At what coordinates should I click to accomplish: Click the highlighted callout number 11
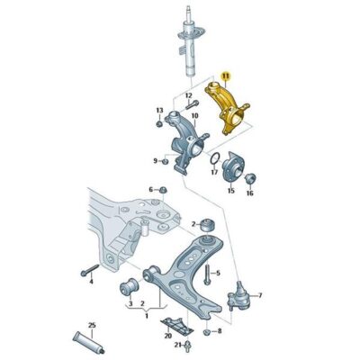[225, 76]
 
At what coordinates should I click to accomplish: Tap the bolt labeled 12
[192, 104]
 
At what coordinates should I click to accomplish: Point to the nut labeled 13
[159, 123]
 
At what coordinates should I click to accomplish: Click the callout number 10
[194, 116]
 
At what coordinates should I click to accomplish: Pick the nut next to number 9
[165, 162]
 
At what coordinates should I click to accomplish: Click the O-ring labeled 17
[214, 159]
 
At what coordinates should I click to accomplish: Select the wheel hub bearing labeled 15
[232, 169]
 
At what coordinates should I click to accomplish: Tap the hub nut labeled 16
[250, 179]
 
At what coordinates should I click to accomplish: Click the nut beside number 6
[163, 190]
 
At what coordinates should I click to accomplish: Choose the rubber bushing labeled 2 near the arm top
[208, 225]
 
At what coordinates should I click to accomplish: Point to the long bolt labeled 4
[90, 270]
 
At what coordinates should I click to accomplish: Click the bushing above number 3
[129, 286]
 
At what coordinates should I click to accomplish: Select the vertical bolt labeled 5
[207, 274]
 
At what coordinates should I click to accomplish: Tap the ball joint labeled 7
[238, 296]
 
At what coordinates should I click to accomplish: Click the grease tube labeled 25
[89, 342]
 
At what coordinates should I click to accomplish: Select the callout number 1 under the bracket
[147, 316]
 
